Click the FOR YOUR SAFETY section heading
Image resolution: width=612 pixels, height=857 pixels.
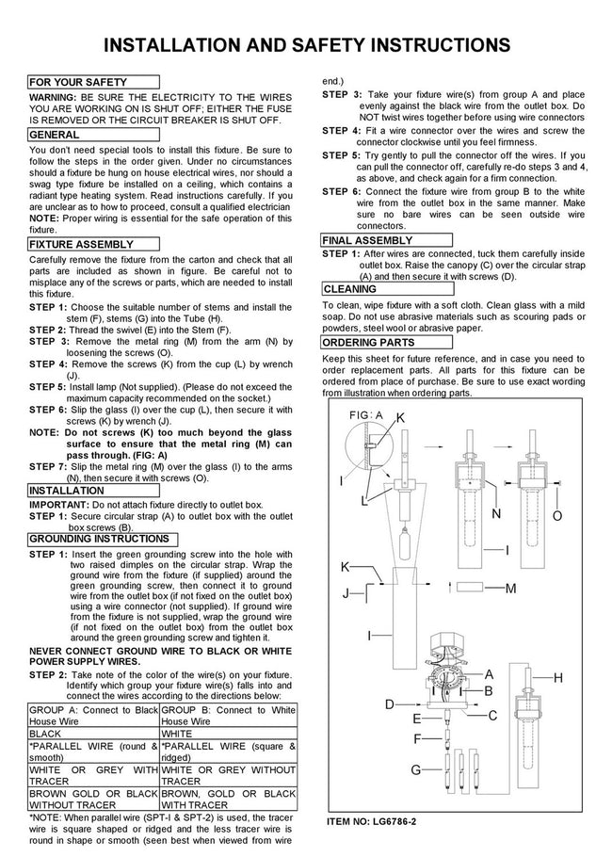[93, 82]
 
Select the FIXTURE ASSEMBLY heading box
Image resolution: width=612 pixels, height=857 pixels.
[93, 244]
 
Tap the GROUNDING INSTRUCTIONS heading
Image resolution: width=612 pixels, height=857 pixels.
[103, 539]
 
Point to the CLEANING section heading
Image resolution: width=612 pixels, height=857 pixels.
[387, 289]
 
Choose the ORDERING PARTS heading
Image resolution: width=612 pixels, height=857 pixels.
[387, 343]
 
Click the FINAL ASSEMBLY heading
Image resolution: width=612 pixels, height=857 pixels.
[387, 240]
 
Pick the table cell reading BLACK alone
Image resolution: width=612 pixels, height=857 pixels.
[93, 734]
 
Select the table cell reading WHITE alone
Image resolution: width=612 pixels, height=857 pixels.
[229, 734]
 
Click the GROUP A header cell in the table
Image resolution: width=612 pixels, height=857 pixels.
[93, 716]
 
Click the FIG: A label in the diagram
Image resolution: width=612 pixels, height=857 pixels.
[366, 415]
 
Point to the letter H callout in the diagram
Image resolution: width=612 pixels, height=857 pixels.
[558, 678]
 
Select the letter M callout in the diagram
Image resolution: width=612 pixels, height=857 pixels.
[511, 589]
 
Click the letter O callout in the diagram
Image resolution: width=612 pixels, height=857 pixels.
[557, 516]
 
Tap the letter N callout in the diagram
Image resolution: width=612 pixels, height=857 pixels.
[496, 513]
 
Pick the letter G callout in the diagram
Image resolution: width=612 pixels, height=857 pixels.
[416, 770]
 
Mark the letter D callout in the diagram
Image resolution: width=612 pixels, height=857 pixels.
[390, 704]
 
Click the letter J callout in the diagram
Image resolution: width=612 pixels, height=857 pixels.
[346, 593]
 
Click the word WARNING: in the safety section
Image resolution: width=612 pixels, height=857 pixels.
[53, 97]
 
